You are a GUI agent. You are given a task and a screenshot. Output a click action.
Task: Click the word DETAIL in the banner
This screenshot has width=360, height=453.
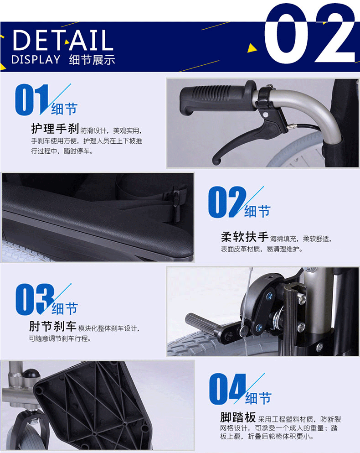63,40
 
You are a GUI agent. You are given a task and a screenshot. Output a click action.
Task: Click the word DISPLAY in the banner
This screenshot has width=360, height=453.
36,59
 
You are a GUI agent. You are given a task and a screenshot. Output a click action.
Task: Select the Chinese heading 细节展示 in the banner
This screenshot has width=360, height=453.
92,60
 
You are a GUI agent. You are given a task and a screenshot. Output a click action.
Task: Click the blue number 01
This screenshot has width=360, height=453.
32,99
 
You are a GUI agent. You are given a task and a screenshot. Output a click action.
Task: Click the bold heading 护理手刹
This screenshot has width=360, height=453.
55,129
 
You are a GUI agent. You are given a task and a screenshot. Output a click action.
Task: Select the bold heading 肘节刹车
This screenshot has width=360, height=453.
52,327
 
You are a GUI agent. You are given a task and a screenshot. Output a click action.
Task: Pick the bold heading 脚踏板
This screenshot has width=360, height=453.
238,417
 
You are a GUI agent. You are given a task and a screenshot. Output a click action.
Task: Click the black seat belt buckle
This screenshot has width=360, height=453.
176,199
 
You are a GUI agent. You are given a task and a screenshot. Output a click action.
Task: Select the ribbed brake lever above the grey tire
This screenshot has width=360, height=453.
202,323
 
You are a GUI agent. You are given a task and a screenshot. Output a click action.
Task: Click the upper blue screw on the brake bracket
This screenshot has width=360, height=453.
269,296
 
